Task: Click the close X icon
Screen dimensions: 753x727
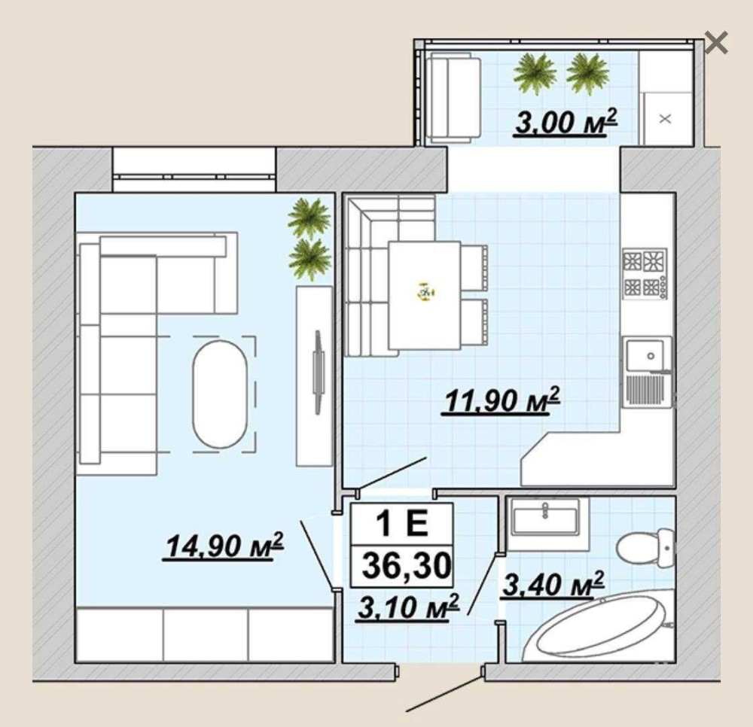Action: click(x=717, y=42)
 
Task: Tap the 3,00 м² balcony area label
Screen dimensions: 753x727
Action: click(x=566, y=122)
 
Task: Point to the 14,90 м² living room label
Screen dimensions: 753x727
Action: click(x=224, y=546)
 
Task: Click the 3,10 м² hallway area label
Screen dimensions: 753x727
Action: click(x=408, y=607)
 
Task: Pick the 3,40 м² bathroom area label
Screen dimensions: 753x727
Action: click(x=552, y=584)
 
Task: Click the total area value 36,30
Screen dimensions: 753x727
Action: click(x=407, y=565)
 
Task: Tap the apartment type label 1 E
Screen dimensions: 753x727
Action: click(x=401, y=524)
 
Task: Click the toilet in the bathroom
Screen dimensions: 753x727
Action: click(x=645, y=548)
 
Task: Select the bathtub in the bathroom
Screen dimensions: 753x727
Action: click(x=600, y=627)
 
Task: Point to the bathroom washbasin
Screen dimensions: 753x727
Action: click(x=545, y=517)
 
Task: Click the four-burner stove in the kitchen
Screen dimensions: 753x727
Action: click(x=645, y=273)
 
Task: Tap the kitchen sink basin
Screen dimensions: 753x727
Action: click(x=645, y=355)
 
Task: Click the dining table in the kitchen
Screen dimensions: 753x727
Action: click(x=425, y=295)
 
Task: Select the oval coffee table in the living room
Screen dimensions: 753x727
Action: click(x=220, y=394)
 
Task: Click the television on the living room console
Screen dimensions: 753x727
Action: click(x=318, y=372)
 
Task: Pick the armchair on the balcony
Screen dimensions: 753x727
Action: click(x=454, y=97)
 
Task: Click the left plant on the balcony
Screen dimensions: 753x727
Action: click(x=535, y=74)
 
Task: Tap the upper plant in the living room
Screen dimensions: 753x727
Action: click(x=309, y=218)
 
